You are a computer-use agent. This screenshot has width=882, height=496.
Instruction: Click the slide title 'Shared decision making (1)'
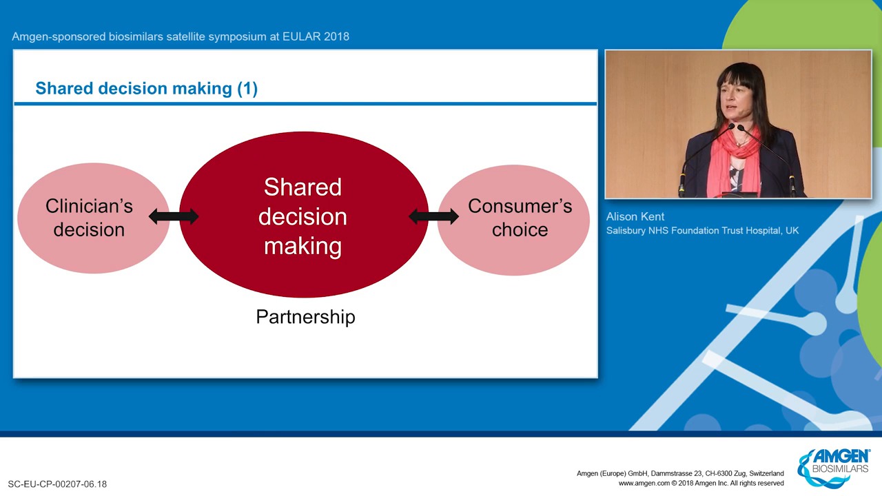click(x=147, y=88)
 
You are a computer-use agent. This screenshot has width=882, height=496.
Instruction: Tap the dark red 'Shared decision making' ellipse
click(x=304, y=214)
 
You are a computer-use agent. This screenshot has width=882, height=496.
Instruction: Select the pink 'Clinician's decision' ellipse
click(x=93, y=218)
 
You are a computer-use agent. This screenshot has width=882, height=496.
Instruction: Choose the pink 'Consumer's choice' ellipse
click(x=513, y=220)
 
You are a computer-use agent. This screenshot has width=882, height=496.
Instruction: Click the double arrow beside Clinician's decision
click(x=174, y=216)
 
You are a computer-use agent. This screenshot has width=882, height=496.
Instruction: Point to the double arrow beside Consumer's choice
click(x=434, y=216)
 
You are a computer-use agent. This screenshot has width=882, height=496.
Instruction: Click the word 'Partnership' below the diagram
click(x=305, y=317)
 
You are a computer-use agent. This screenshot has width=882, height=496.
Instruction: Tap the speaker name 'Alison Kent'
click(x=635, y=216)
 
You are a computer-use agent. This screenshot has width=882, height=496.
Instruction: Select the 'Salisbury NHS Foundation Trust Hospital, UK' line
click(x=702, y=231)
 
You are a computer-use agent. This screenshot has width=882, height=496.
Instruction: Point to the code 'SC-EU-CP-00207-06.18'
click(x=57, y=484)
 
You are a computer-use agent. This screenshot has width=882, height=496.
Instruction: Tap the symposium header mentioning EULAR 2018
click(x=181, y=37)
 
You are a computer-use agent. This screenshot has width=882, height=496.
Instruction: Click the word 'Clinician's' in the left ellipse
click(x=90, y=206)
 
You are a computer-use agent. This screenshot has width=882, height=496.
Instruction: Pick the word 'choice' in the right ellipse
click(x=520, y=229)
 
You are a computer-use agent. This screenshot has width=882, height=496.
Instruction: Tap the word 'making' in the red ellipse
click(x=302, y=246)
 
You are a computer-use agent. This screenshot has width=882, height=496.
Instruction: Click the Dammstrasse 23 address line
click(x=680, y=473)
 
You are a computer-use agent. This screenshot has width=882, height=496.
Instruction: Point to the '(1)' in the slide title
click(x=247, y=89)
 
